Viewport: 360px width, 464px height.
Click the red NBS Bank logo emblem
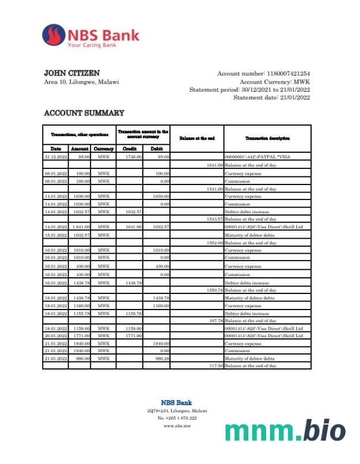pos(54,35)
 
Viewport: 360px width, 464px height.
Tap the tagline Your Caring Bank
pos(92,45)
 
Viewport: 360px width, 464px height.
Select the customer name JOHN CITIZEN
pos(71,73)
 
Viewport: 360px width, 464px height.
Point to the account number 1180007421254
pos(287,74)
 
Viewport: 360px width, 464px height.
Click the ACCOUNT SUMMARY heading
pos(84,113)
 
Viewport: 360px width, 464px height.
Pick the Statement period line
pos(249,90)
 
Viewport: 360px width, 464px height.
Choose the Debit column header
pos(156,149)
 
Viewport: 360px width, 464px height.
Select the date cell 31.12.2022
pos(55,157)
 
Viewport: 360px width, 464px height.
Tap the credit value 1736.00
pos(133,157)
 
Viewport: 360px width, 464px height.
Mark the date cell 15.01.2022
pos(55,235)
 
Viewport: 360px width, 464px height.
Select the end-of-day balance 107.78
pos(215,320)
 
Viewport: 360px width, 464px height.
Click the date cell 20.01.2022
pos(55,335)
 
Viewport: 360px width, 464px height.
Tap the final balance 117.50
pos(215,366)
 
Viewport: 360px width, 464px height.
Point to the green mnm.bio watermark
pos(285,431)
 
